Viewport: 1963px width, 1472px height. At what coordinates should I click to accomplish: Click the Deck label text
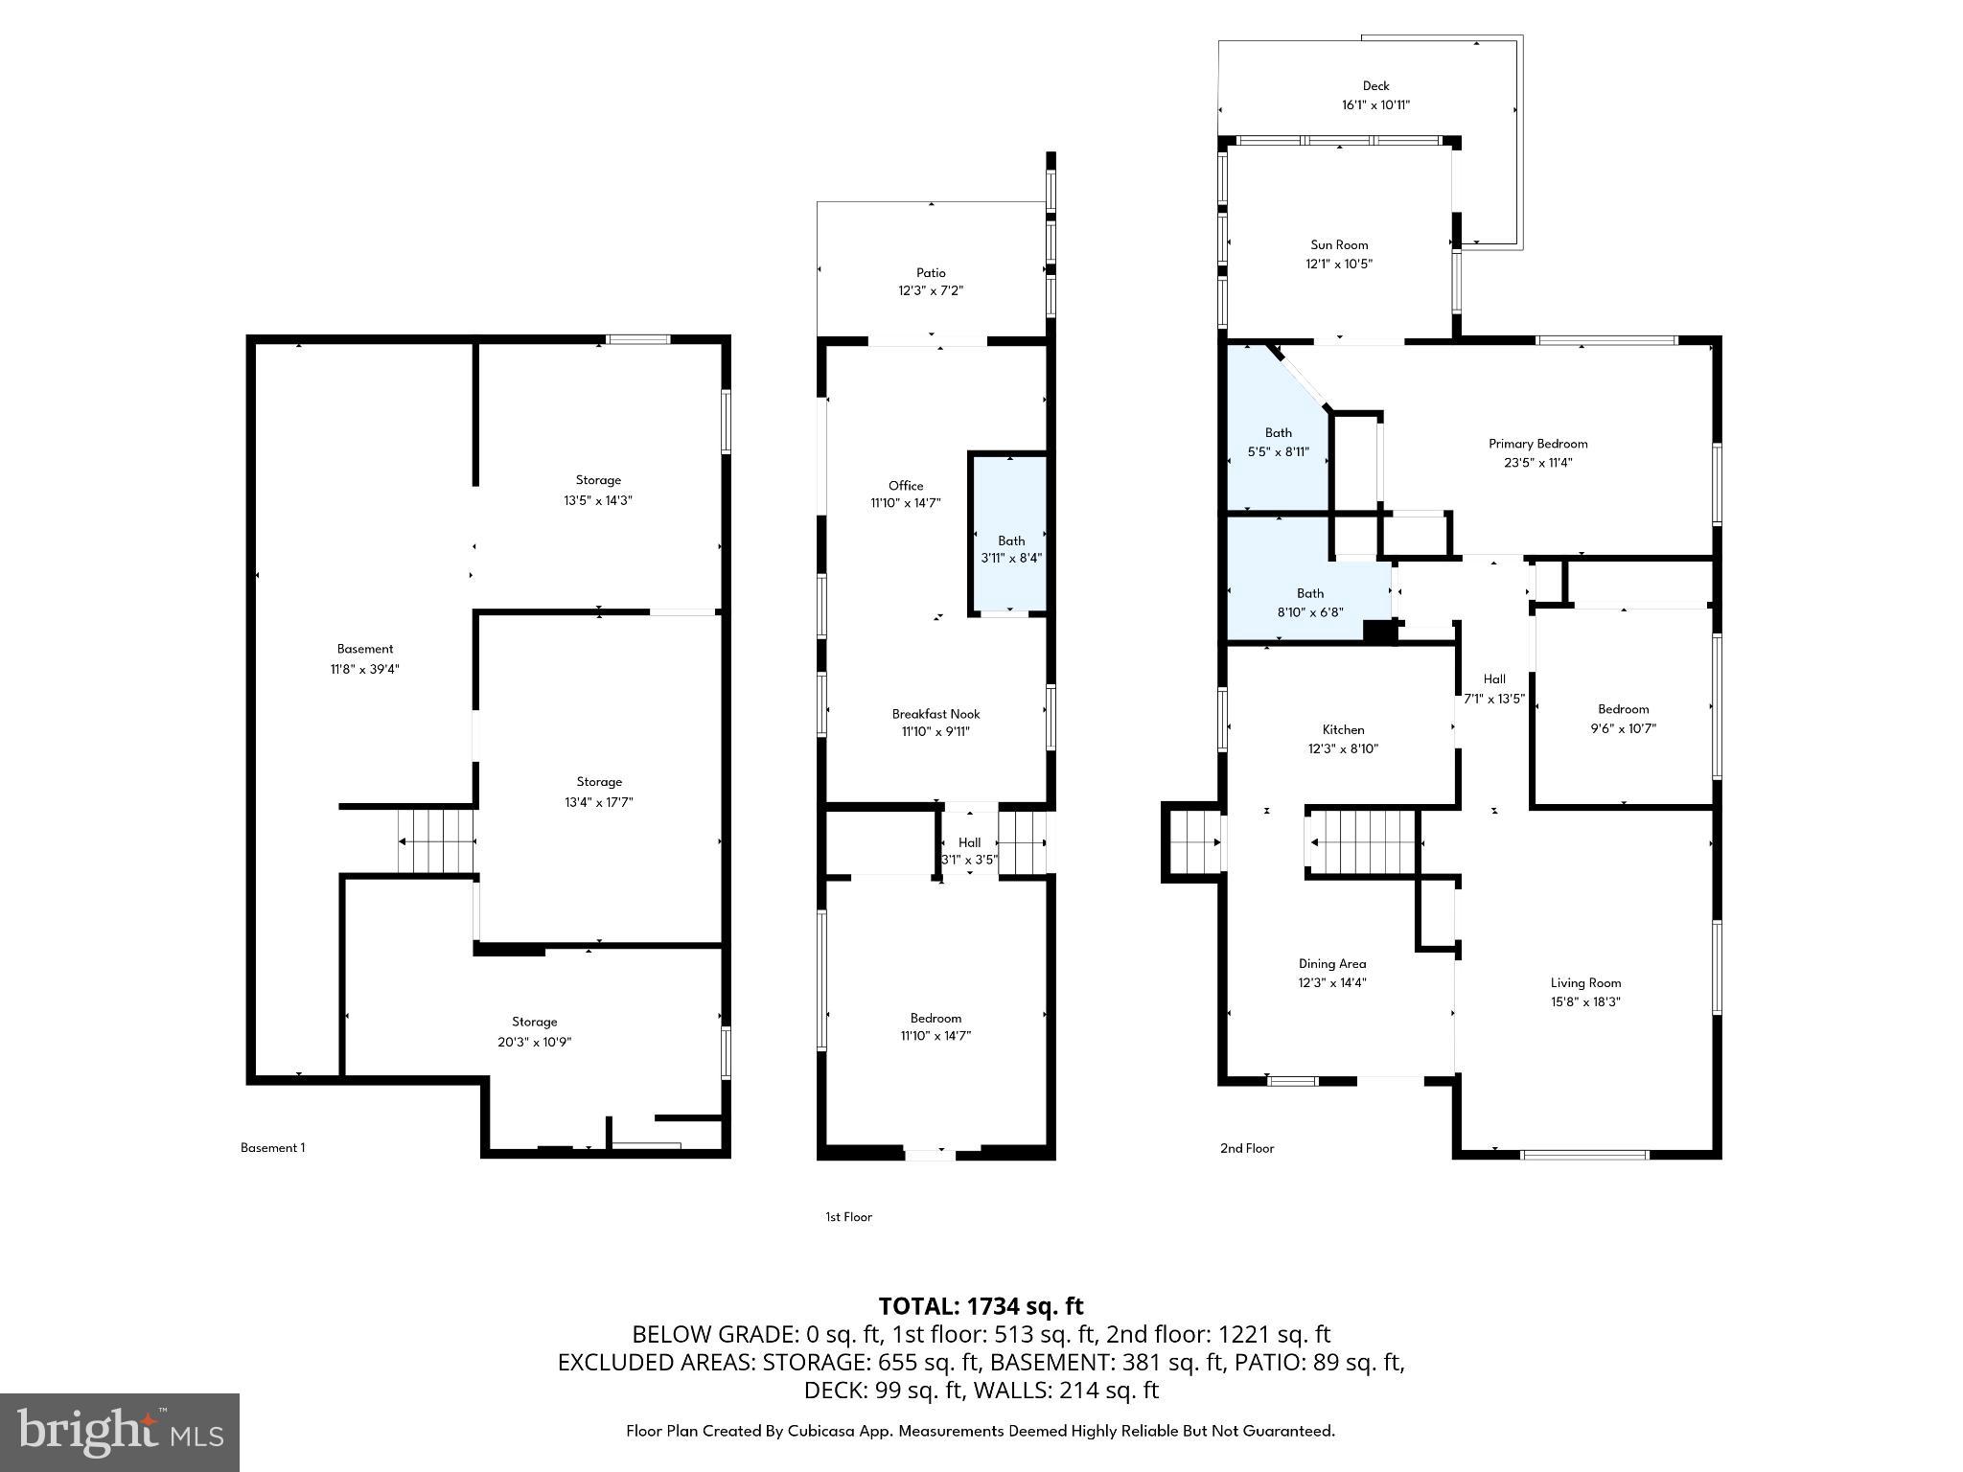coord(1375,86)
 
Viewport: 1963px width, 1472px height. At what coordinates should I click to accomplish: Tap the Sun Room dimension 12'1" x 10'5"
coord(1339,264)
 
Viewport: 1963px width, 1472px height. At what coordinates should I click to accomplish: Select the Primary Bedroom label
coord(1537,444)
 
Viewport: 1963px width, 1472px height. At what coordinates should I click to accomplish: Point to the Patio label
coord(930,273)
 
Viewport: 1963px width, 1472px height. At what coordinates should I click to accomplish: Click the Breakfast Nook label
coord(935,714)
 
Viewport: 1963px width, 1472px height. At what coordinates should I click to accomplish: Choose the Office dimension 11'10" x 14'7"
coord(905,503)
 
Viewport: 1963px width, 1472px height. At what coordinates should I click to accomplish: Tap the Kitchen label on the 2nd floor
coord(1343,730)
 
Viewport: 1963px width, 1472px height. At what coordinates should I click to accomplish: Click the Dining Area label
coord(1332,964)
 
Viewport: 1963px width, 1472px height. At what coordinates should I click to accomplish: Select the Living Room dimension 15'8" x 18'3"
coord(1585,1001)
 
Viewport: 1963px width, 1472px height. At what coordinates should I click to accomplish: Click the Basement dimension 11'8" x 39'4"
coord(364,669)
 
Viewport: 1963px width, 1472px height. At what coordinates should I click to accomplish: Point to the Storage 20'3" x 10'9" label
coord(534,1023)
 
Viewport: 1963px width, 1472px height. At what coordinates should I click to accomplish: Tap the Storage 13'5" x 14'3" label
coord(598,480)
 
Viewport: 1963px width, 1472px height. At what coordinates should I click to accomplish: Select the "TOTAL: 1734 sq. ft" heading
coord(981,1306)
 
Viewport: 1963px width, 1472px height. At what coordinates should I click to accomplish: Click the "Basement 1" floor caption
coord(272,1147)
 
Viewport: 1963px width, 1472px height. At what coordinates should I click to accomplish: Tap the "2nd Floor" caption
coord(1246,1148)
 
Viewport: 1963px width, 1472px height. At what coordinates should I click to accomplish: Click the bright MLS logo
coord(120,1432)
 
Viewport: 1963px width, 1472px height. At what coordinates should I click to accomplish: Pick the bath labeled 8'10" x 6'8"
coord(1309,603)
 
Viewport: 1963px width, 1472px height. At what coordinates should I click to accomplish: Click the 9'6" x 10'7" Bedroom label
coord(1623,709)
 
